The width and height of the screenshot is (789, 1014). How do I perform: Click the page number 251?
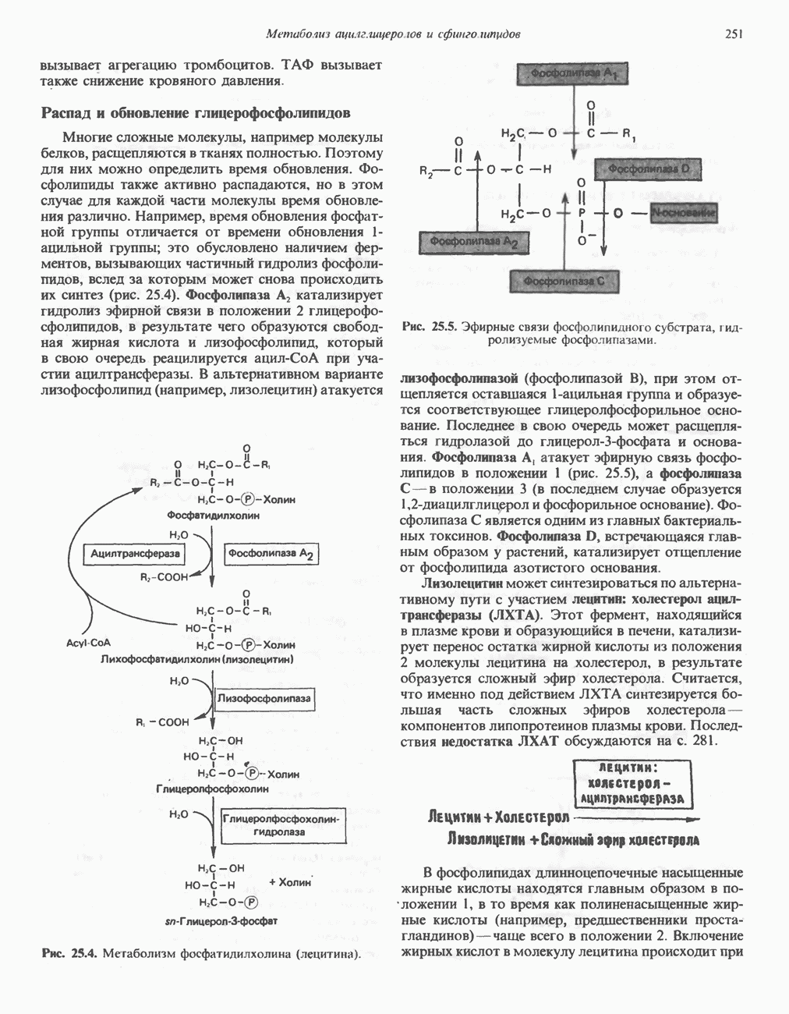[x=732, y=34]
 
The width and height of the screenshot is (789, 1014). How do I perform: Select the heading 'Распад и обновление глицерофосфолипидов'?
[x=195, y=113]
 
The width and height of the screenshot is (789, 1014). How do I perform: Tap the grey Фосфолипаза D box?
[x=649, y=168]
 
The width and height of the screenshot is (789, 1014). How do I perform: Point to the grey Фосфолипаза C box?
[x=564, y=281]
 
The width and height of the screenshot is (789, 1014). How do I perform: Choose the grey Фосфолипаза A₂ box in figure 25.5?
[x=473, y=243]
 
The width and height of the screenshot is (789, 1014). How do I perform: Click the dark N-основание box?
[x=685, y=212]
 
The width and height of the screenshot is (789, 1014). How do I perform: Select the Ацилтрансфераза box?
[x=136, y=553]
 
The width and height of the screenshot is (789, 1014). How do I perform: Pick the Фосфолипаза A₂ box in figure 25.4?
[x=271, y=553]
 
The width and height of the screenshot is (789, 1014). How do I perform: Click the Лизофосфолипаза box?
[x=264, y=698]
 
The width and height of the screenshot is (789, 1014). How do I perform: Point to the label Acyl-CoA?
[x=88, y=643]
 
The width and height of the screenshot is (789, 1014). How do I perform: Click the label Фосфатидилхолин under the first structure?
[x=212, y=516]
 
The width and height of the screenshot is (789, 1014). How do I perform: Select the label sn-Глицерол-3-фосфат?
[x=222, y=921]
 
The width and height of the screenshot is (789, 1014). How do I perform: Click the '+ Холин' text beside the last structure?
[x=290, y=882]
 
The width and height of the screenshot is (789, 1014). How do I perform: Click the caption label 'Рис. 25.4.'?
[x=69, y=953]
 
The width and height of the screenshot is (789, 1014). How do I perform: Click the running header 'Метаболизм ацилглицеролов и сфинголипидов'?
[x=393, y=34]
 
